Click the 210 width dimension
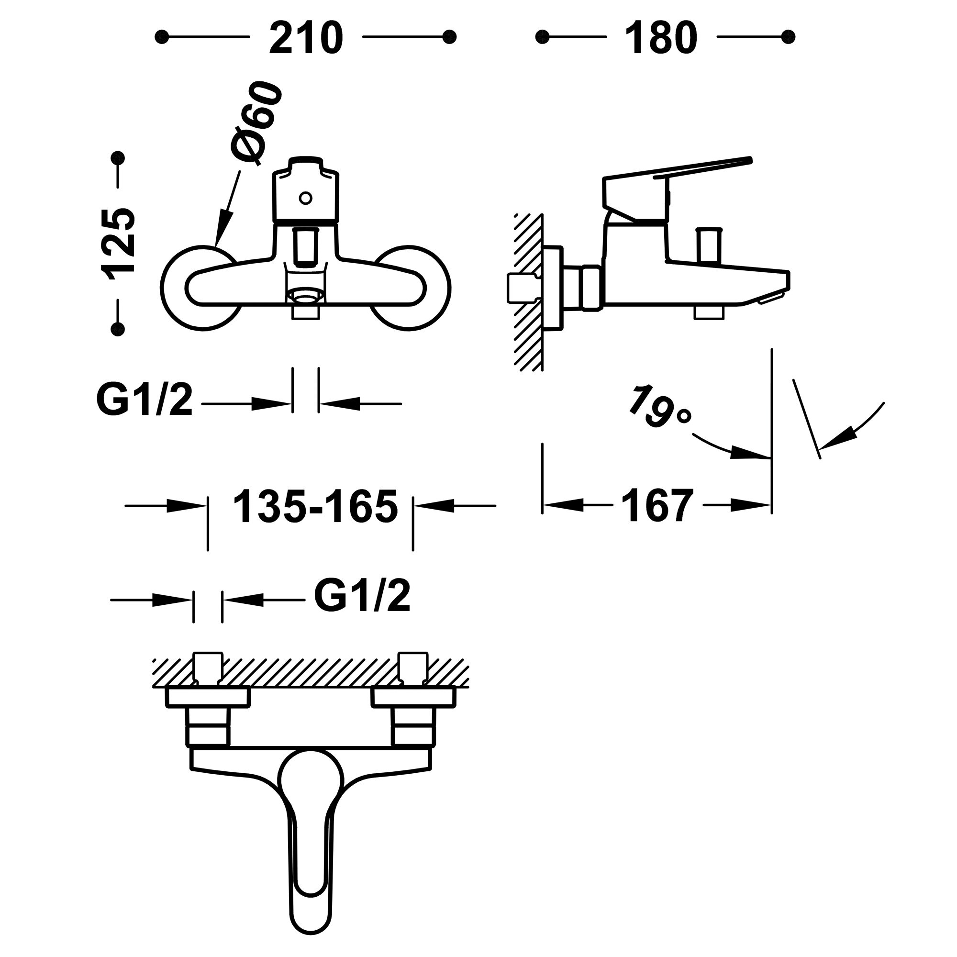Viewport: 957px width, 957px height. click(306, 38)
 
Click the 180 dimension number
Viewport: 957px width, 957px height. click(661, 38)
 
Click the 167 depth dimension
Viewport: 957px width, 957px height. click(657, 505)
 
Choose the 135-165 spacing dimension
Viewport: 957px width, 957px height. click(315, 506)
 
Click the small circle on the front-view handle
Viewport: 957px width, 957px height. click(306, 198)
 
